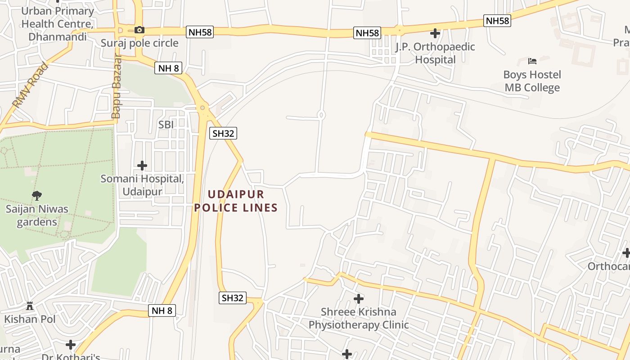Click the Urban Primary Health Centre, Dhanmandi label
[58, 24]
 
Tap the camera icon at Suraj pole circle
[139, 30]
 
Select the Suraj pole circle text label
[139, 43]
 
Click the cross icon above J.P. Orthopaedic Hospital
[435, 33]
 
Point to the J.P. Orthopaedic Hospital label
[435, 53]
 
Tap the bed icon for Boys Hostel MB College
[532, 61]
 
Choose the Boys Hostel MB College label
[532, 81]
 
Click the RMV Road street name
[30, 85]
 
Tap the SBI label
[166, 124]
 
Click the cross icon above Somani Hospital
[142, 166]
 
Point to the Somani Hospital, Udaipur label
[142, 184]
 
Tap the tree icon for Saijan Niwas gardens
[37, 196]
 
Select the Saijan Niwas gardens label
[37, 215]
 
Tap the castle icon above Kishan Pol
[30, 306]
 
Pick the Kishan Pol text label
[30, 319]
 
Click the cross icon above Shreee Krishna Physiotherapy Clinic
[359, 298]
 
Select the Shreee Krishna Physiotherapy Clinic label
[359, 318]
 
